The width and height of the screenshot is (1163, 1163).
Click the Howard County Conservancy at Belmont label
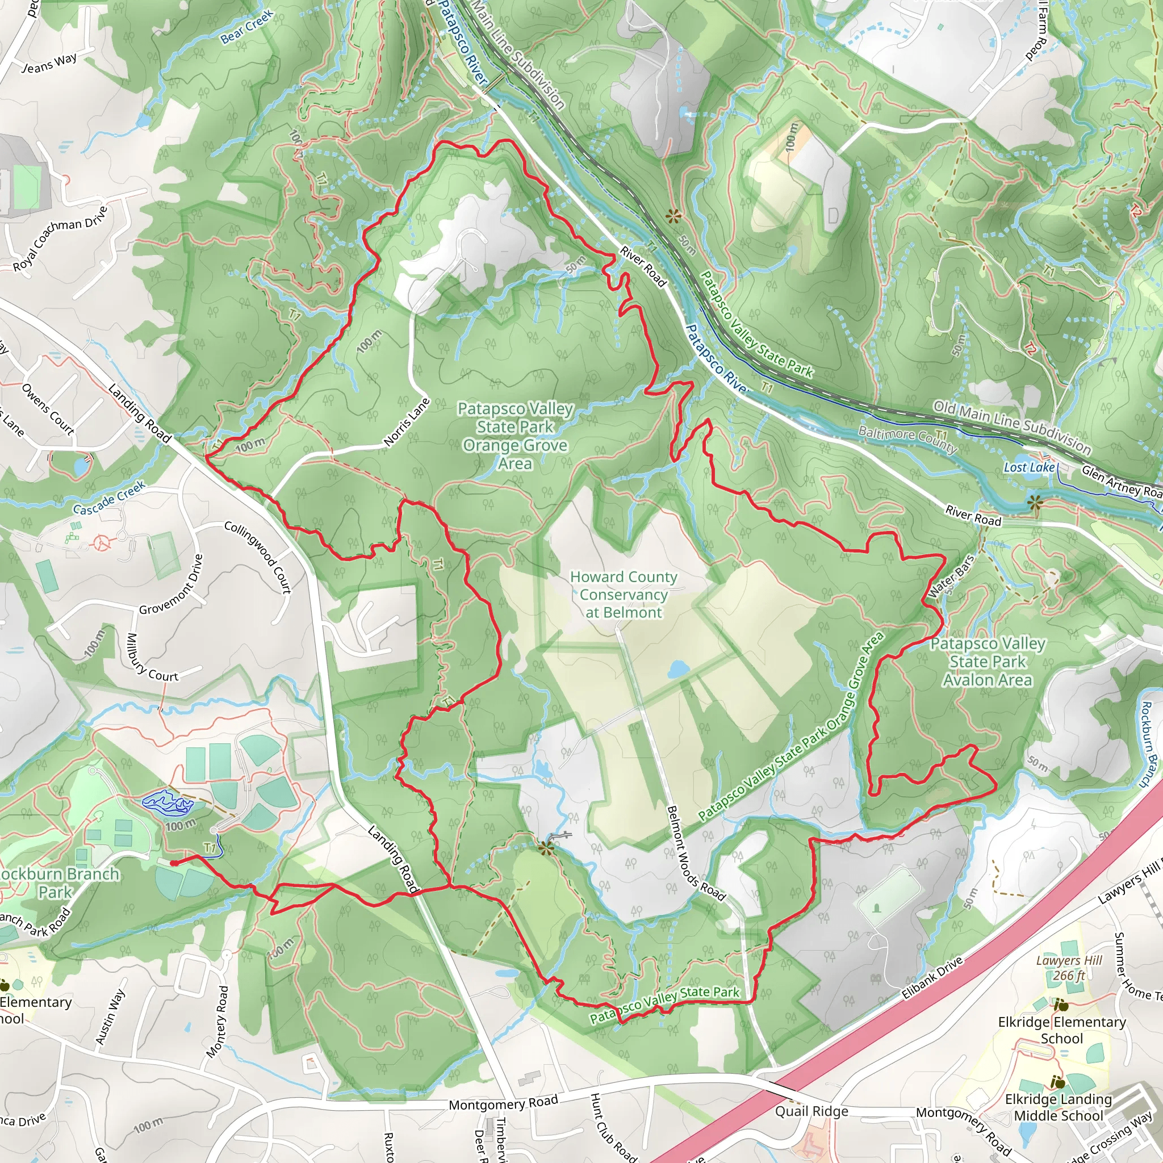[624, 595]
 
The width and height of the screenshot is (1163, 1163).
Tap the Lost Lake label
[1029, 467]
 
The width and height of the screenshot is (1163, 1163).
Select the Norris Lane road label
[408, 422]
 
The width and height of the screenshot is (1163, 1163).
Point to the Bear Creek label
[247, 28]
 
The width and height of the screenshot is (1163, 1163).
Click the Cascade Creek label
[109, 498]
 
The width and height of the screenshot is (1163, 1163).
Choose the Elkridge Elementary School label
[1062, 1030]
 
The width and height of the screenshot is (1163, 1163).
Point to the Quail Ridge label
[811, 1111]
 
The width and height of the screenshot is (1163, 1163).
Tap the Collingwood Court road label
[258, 558]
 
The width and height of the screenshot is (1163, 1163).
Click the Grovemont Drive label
[171, 584]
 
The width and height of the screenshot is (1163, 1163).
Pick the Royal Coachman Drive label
[61, 239]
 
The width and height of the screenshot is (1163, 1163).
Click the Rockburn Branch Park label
[57, 883]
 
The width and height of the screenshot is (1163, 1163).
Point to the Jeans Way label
[49, 63]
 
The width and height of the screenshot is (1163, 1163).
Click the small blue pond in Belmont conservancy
[679, 669]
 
